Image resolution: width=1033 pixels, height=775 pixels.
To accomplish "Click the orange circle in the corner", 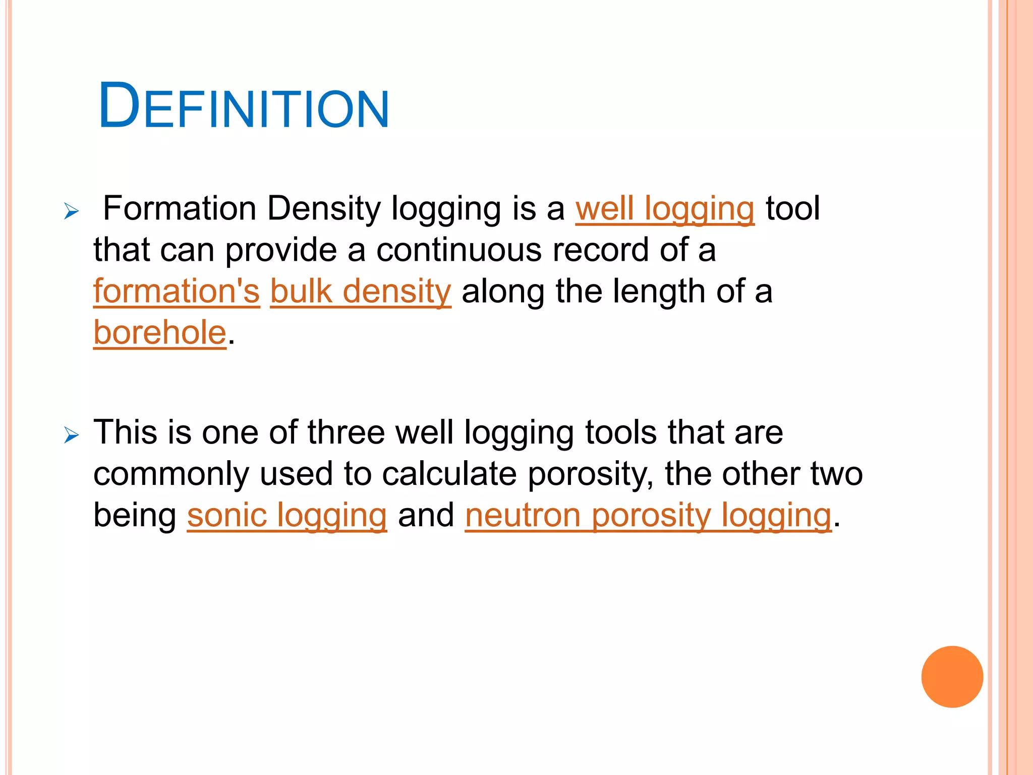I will (952, 677).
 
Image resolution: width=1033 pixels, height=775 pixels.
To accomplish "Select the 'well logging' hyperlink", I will (665, 209).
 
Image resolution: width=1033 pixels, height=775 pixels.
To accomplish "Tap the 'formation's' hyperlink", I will (177, 292).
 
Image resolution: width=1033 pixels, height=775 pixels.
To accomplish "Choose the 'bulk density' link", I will (361, 292).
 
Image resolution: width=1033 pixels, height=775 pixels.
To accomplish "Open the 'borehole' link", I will (160, 333).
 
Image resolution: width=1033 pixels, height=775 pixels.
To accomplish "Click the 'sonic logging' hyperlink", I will (287, 516).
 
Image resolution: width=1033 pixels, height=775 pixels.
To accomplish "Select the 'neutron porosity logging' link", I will (648, 516).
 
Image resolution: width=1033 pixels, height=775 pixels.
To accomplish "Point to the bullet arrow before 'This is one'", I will (72, 434).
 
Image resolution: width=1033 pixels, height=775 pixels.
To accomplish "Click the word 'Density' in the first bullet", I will (323, 209).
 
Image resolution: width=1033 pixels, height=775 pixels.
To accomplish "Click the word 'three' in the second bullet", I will (346, 433).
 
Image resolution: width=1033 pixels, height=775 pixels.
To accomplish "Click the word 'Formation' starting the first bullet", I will (180, 209).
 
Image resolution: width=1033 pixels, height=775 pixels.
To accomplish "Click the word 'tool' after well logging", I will (793, 209).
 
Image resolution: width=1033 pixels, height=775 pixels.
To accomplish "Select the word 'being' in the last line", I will (135, 516).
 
